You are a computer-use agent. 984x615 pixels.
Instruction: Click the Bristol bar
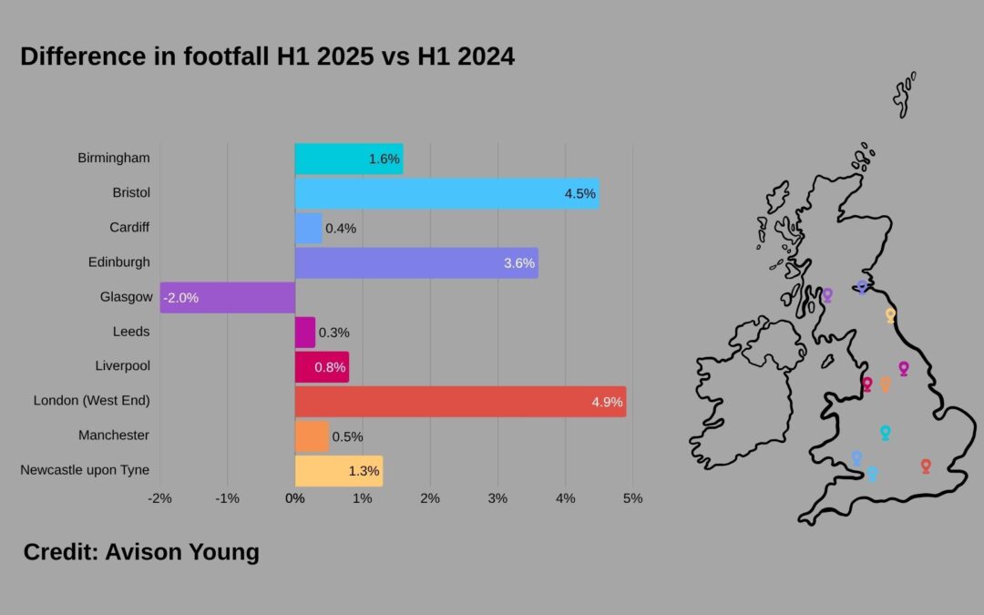tap(446, 193)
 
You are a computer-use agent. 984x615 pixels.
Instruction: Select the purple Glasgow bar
tap(228, 297)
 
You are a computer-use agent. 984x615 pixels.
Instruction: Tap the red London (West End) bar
tap(460, 401)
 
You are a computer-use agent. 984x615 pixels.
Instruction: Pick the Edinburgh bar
tap(416, 262)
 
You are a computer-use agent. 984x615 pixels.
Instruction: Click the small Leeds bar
tap(305, 332)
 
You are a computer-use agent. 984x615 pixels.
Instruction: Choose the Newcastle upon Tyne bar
tap(339, 470)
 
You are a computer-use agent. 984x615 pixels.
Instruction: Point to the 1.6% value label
tap(384, 159)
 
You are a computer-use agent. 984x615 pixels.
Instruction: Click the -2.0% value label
tap(180, 297)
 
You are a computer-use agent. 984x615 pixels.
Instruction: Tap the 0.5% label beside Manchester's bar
tap(347, 436)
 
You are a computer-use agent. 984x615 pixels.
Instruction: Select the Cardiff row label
tap(129, 227)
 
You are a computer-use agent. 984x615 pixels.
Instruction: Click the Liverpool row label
tap(122, 365)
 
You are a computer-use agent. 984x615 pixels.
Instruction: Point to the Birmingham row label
tap(114, 158)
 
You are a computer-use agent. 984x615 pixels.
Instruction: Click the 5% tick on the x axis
tap(632, 498)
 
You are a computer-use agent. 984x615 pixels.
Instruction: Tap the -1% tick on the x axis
tap(227, 498)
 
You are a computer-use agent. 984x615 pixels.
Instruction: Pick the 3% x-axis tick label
tap(497, 498)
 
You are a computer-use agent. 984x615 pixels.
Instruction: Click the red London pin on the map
tap(926, 465)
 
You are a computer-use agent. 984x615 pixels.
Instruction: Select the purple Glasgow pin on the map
tap(827, 294)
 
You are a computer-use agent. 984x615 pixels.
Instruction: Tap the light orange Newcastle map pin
tap(890, 314)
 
